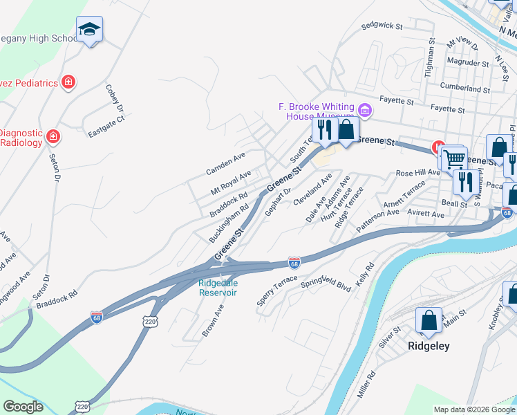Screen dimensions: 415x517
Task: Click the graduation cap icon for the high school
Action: pyautogui.click(x=89, y=29)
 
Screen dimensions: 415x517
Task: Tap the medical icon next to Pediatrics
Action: pyautogui.click(x=68, y=83)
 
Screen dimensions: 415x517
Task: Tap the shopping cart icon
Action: pyautogui.click(x=454, y=159)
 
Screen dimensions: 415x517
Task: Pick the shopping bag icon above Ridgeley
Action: pyautogui.click(x=429, y=320)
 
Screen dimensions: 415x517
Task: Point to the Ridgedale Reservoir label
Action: pyautogui.click(x=218, y=287)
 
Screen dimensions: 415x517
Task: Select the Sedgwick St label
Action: pyautogui.click(x=382, y=26)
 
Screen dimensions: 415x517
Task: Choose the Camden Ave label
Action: pyautogui.click(x=225, y=163)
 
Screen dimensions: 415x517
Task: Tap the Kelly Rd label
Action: pyautogui.click(x=364, y=276)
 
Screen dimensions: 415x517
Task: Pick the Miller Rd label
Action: pyautogui.click(x=366, y=384)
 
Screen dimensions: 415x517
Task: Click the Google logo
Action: pyautogui.click(x=23, y=407)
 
